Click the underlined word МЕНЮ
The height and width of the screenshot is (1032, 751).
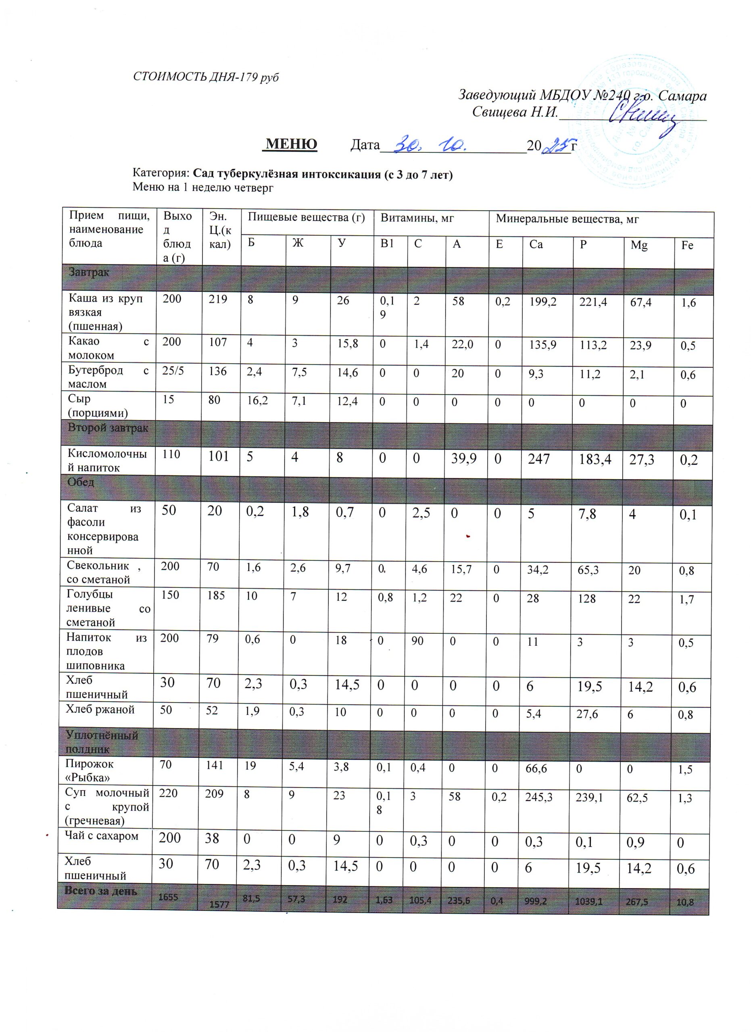[291, 144]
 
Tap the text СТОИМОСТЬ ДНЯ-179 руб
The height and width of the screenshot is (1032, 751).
[206, 77]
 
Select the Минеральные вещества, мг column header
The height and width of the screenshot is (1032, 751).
[567, 219]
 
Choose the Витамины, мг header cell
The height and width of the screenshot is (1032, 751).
[417, 218]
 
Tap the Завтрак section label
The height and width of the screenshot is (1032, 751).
[89, 273]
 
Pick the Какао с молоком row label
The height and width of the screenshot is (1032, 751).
[108, 348]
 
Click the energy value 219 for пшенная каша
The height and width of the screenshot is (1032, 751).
[217, 299]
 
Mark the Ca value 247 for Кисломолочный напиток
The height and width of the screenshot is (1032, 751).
[539, 459]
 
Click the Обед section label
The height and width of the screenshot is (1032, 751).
[81, 482]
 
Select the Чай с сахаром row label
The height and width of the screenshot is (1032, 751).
[101, 835]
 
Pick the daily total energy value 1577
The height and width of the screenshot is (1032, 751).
[219, 904]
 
